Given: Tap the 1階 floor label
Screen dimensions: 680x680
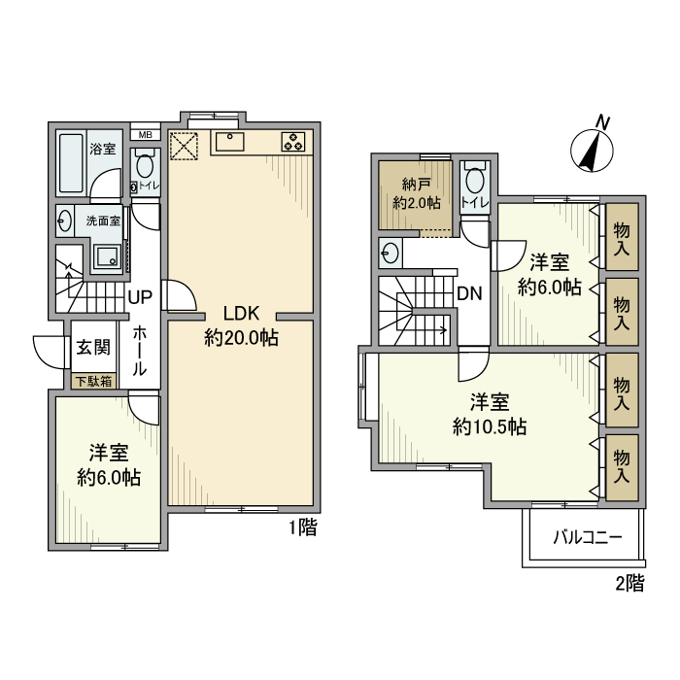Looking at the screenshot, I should [302, 528].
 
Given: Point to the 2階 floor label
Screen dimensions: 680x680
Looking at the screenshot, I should [629, 583].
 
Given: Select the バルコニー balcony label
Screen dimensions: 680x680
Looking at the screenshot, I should [586, 536].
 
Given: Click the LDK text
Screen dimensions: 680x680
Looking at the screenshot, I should [240, 314].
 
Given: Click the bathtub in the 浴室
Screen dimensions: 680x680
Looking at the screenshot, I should [72, 161].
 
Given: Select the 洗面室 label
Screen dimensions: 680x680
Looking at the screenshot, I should [102, 221].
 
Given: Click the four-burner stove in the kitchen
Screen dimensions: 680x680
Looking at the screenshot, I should [293, 142].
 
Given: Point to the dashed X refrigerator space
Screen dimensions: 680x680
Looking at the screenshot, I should [184, 145].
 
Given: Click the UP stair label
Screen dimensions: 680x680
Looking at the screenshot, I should [139, 296].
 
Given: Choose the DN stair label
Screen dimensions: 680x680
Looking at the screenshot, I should [469, 293].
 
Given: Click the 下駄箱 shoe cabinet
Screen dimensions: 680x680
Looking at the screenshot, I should [93, 381].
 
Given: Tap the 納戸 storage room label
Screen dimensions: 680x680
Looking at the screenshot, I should [417, 186].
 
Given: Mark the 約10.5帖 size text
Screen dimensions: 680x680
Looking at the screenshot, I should [490, 425].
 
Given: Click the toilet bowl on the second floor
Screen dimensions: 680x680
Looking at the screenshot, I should [475, 182].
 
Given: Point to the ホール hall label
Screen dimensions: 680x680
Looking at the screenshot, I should [139, 351].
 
